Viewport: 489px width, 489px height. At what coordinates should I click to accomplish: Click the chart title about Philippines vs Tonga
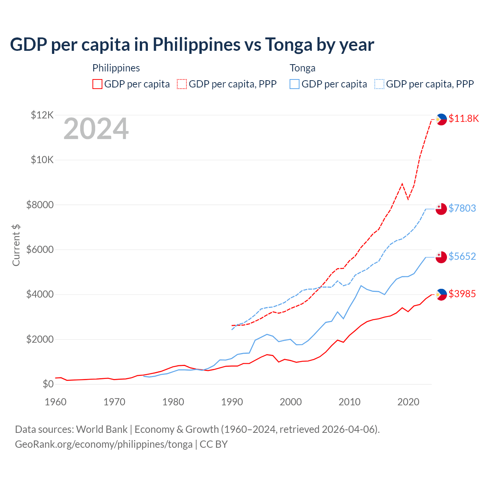pyautogui.click(x=192, y=45)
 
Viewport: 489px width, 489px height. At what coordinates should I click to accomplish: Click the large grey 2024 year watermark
pyautogui.click(x=96, y=129)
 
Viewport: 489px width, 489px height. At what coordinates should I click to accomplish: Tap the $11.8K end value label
pyautogui.click(x=463, y=118)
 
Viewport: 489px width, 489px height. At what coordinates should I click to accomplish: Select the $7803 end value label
pyautogui.click(x=462, y=208)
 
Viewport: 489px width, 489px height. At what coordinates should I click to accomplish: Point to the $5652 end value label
pyautogui.click(x=462, y=256)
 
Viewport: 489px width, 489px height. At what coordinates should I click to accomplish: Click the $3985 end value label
pyautogui.click(x=462, y=294)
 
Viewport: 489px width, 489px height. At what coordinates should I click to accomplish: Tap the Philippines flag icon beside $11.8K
pyautogui.click(x=441, y=119)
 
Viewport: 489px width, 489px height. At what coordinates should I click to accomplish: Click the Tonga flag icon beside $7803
pyautogui.click(x=441, y=209)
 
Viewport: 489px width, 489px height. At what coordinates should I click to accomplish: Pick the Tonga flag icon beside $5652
pyautogui.click(x=441, y=257)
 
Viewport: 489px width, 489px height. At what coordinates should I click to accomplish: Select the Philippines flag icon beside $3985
pyautogui.click(x=441, y=295)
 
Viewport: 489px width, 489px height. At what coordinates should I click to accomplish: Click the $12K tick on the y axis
pyautogui.click(x=42, y=115)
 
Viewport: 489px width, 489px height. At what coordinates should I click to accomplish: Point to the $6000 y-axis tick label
pyautogui.click(x=40, y=249)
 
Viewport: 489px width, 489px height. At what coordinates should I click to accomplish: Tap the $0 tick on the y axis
pyautogui.click(x=48, y=384)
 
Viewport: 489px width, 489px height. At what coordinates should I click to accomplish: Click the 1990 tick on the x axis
pyautogui.click(x=232, y=402)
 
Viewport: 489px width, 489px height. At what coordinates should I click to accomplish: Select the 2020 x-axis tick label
pyautogui.click(x=408, y=402)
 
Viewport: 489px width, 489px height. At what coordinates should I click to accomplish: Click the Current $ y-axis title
pyautogui.click(x=16, y=245)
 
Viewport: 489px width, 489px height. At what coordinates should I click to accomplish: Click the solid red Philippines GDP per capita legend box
pyautogui.click(x=97, y=84)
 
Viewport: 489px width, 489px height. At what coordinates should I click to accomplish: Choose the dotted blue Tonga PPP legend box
pyautogui.click(x=379, y=84)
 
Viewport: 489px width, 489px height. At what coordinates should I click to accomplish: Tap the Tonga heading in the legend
pyautogui.click(x=303, y=68)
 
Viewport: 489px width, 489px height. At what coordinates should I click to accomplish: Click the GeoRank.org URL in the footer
pyautogui.click(x=104, y=444)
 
